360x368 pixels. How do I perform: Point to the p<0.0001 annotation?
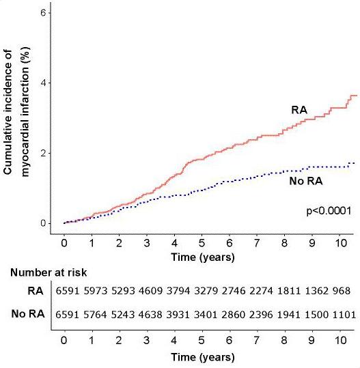pos(329,211)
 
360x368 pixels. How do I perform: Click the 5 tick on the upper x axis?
pos(201,242)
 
